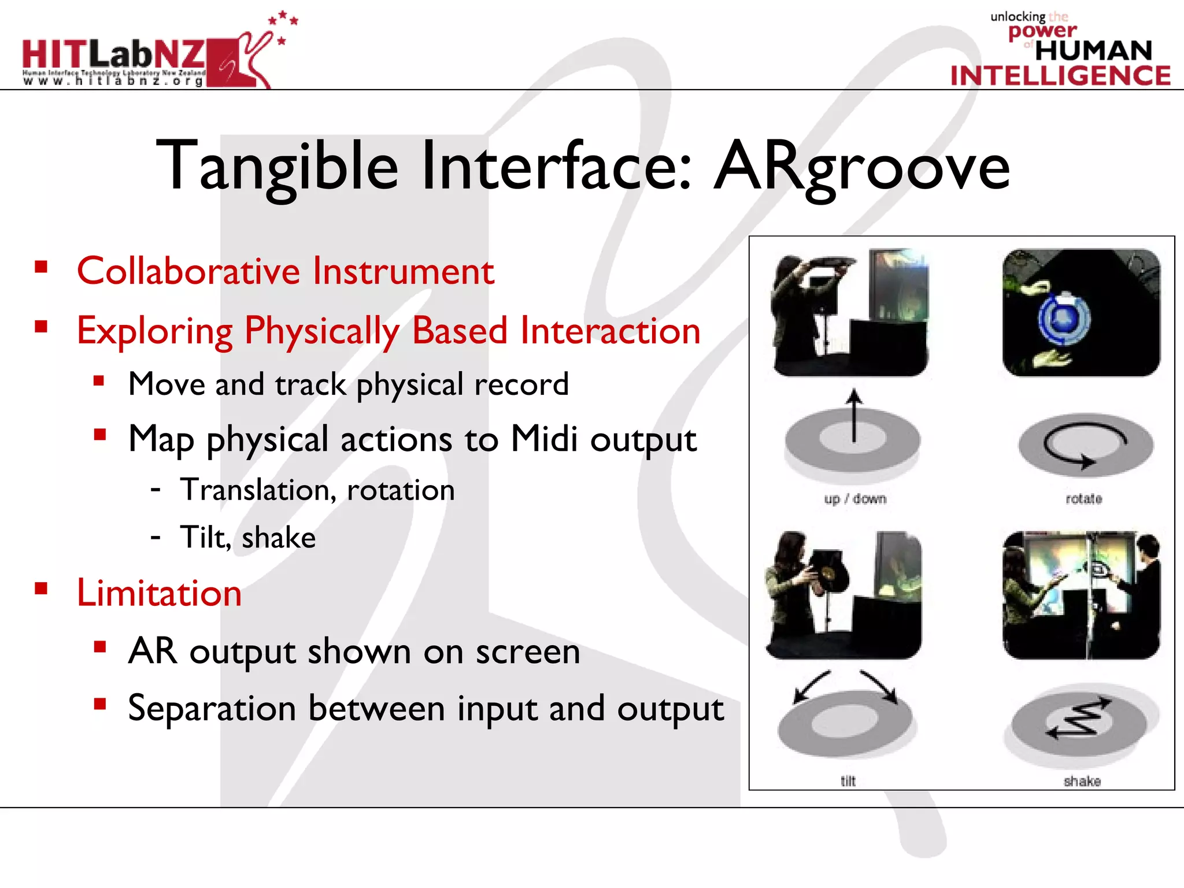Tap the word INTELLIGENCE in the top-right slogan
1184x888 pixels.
point(1060,76)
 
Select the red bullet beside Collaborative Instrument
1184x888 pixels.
point(40,267)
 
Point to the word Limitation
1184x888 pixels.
point(159,593)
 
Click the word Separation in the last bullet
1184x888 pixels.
point(212,708)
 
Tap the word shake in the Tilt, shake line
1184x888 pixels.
point(279,538)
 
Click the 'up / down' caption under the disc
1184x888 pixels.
point(854,499)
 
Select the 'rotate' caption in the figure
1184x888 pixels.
point(1083,499)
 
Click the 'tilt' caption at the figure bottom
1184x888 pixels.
point(848,781)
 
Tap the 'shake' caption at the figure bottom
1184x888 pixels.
point(1082,781)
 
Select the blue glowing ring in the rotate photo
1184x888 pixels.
point(1064,319)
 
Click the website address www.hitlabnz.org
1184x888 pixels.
point(113,82)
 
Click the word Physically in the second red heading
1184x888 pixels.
point(322,331)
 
